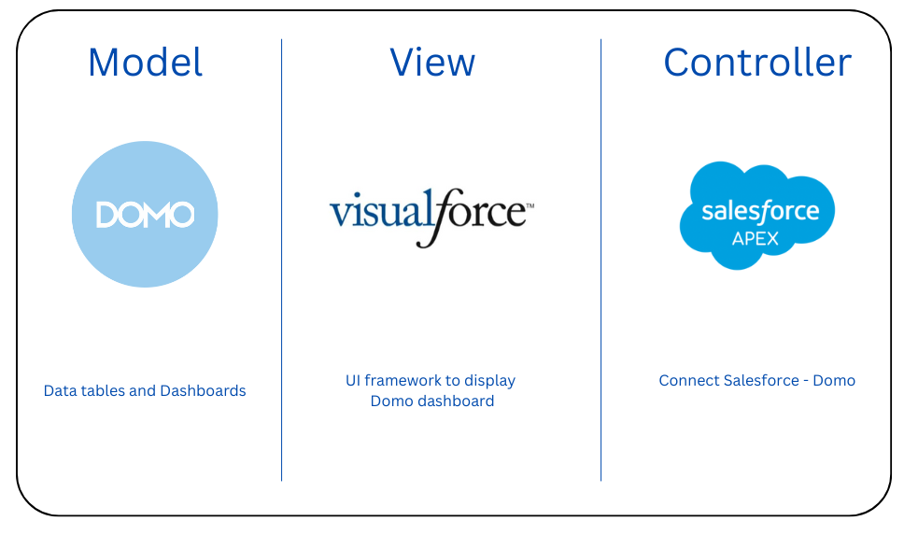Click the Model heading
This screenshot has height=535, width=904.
click(145, 63)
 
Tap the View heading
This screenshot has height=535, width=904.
click(432, 63)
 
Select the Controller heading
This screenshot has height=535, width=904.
click(757, 63)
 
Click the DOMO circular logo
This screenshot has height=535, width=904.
click(145, 215)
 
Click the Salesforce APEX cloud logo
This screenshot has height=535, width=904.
click(756, 215)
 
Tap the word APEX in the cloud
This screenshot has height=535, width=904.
click(757, 238)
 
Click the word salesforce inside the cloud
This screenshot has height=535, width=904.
click(760, 211)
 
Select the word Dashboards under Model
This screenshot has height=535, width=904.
click(203, 390)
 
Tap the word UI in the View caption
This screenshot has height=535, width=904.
click(353, 380)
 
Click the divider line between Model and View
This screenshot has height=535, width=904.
click(282, 261)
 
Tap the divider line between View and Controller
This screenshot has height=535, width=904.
click(601, 261)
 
